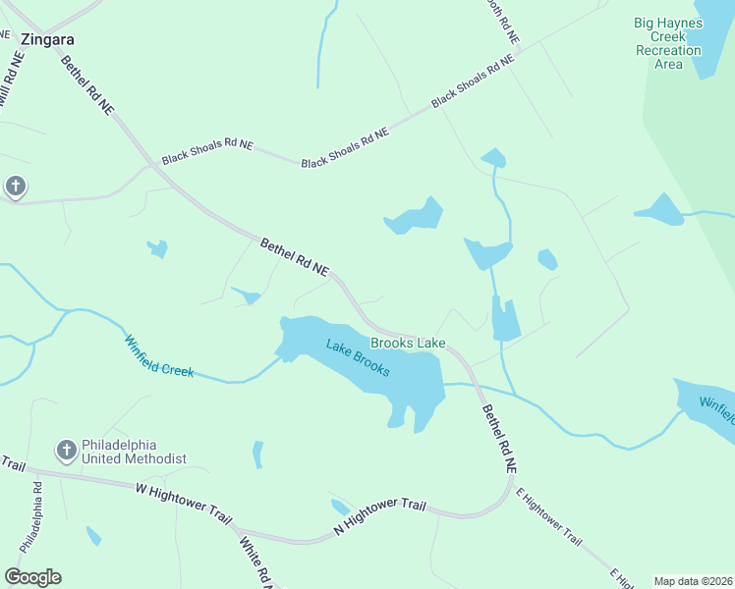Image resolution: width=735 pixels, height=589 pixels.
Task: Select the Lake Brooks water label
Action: (x=359, y=357)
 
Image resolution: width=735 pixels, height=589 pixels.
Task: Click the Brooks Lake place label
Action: (x=408, y=343)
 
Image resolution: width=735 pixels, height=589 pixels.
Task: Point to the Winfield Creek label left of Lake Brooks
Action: (x=158, y=357)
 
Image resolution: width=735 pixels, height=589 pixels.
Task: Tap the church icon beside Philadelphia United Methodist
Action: (x=66, y=450)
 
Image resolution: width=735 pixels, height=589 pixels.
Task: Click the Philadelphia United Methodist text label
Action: (x=136, y=451)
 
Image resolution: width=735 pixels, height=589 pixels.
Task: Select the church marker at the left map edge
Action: (x=15, y=186)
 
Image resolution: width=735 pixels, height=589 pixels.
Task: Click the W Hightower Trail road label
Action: (x=183, y=500)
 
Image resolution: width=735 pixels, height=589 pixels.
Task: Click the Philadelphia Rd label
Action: (x=30, y=516)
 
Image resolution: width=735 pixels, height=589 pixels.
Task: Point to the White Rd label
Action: (x=254, y=561)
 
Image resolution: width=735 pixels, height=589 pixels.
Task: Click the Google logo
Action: (x=32, y=577)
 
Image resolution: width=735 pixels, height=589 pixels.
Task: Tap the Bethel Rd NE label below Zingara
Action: (x=86, y=86)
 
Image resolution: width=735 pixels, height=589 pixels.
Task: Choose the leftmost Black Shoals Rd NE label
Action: (x=207, y=150)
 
